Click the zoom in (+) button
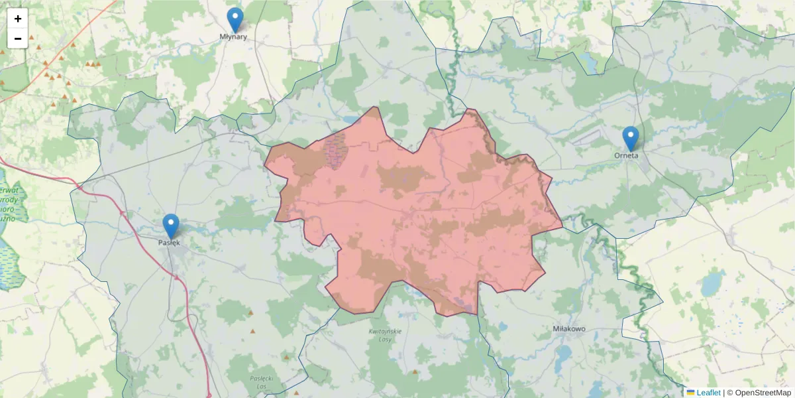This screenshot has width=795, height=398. click(x=18, y=19)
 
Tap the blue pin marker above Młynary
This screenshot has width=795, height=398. click(x=235, y=19)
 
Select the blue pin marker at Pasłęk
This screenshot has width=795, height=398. click(x=171, y=226)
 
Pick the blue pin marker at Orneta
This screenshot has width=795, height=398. click(x=631, y=138)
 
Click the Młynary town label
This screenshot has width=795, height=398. click(x=233, y=37)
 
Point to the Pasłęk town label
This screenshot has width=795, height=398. click(x=169, y=243)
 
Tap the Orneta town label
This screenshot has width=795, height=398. click(x=626, y=156)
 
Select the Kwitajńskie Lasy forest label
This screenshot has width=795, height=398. click(x=385, y=335)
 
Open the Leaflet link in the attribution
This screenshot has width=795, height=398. click(x=708, y=393)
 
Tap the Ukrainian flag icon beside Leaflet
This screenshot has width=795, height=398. click(x=690, y=393)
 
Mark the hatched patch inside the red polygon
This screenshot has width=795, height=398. click(x=337, y=150)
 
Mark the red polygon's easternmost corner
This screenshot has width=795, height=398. click(x=562, y=227)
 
